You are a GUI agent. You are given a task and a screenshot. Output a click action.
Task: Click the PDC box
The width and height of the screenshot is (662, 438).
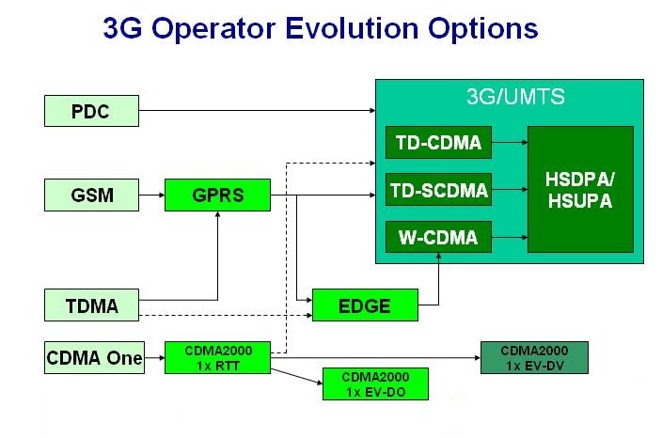pos(91,112)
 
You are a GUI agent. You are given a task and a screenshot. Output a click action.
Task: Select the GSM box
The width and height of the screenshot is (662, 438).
pos(91,196)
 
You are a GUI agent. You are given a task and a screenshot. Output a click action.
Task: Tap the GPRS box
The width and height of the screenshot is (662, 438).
pos(216,196)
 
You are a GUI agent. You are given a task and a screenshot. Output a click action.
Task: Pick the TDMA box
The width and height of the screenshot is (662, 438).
pos(91,305)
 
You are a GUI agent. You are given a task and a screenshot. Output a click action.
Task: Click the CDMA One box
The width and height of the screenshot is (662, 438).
pos(94,357)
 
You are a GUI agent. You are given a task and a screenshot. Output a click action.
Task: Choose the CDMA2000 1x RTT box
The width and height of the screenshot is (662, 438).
pos(216,357)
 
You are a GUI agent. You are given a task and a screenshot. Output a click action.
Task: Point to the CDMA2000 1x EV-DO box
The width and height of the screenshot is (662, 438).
pos(373,383)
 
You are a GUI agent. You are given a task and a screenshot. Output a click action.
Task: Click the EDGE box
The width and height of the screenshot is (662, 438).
pos(364,305)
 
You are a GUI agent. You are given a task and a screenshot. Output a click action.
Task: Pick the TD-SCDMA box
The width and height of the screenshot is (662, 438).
pos(438,192)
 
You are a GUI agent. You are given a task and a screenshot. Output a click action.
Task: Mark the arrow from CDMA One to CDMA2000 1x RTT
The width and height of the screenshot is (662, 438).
pos(154,357)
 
